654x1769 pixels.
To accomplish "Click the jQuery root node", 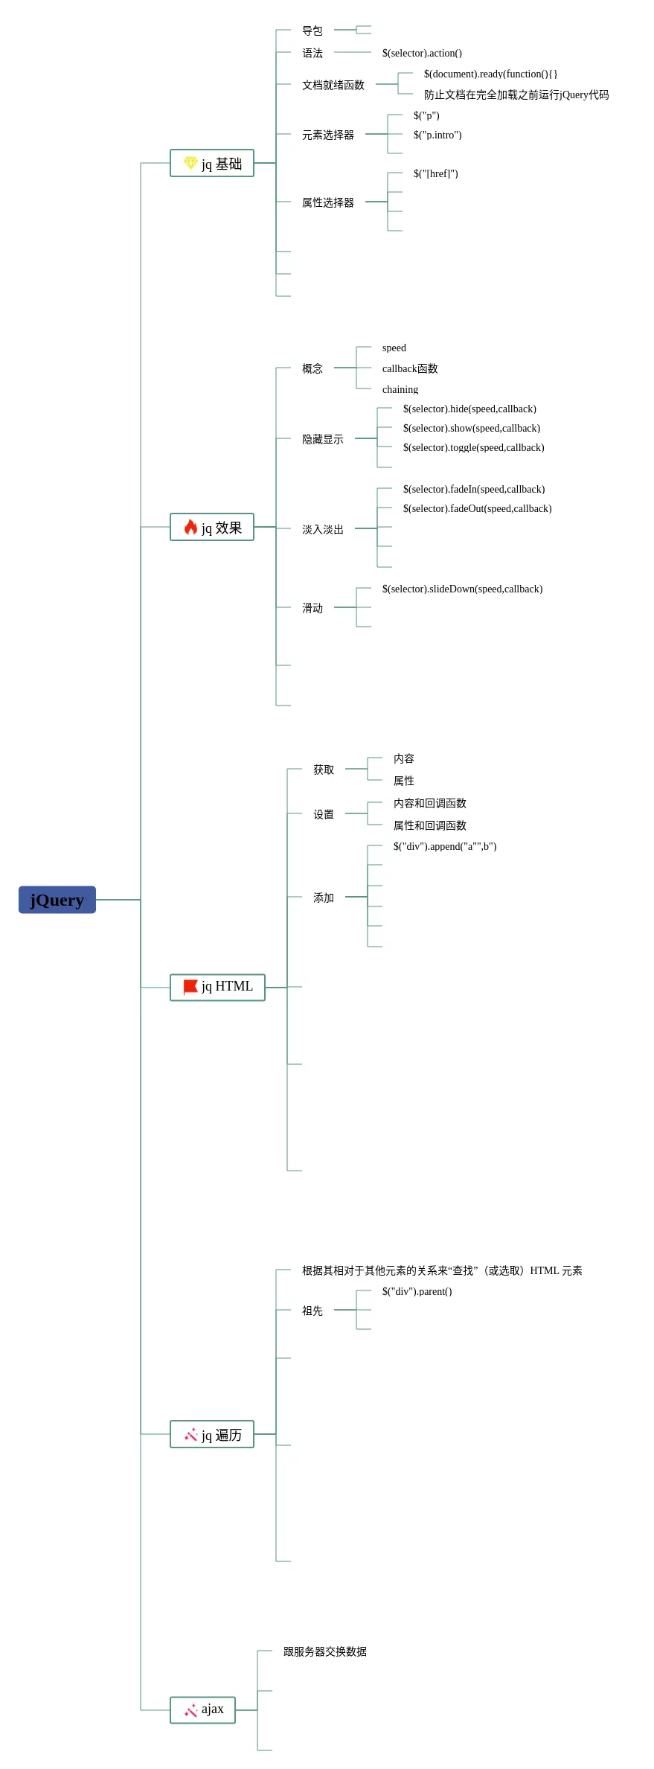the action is [x=57, y=900].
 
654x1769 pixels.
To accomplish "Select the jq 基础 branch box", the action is [x=212, y=163].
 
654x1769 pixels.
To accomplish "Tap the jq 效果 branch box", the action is [x=212, y=527].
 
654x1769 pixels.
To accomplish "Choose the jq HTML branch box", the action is [x=217, y=988].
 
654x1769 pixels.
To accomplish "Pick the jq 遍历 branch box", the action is [x=212, y=1434].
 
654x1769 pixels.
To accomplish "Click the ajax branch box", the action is [x=202, y=1710].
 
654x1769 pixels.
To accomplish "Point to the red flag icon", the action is [x=190, y=987].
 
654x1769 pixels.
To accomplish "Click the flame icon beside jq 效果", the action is [x=190, y=527].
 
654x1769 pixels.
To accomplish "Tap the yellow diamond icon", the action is [x=190, y=163].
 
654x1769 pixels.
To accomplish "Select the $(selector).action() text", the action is [x=422, y=53].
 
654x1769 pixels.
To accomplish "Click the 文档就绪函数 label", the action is [x=333, y=85].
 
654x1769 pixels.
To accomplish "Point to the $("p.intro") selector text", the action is [x=437, y=135].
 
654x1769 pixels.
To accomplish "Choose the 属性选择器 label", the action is [x=328, y=202].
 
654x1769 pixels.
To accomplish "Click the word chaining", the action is [x=400, y=389].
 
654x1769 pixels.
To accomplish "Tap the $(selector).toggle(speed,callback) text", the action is [x=474, y=447].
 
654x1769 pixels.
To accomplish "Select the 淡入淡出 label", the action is [x=323, y=529].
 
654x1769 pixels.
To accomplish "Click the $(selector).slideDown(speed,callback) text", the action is [x=462, y=589].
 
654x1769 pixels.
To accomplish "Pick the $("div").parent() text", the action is [x=417, y=1291].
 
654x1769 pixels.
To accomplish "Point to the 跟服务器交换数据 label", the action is [x=325, y=1651].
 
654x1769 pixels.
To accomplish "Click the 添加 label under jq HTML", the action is [x=324, y=898].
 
